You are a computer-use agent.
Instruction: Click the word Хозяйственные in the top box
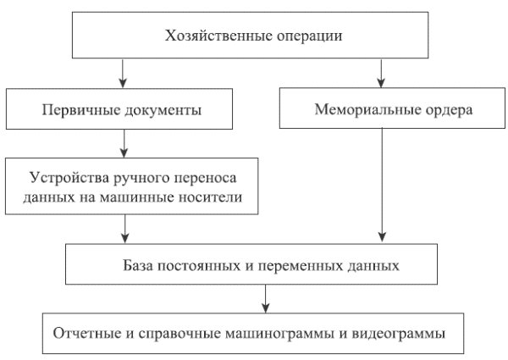pos(208,36)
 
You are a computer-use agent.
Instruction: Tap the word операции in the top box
pos(292,36)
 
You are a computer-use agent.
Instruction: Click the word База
pos(142,265)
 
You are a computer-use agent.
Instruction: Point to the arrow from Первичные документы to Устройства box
pos(124,140)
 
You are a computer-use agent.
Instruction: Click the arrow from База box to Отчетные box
pos(267,296)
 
